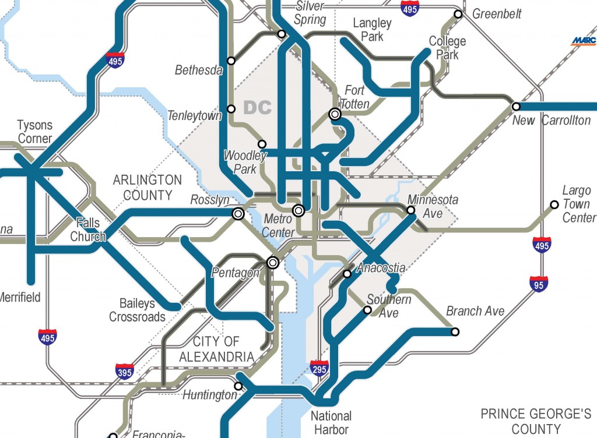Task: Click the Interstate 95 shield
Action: [x=539, y=284]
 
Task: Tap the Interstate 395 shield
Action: [x=125, y=372]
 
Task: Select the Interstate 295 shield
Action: [x=319, y=368]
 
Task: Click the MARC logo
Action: [x=584, y=41]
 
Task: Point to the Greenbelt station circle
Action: [x=458, y=14]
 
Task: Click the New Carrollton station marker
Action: [x=516, y=107]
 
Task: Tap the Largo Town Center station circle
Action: [x=554, y=204]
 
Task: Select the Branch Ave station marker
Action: [x=455, y=332]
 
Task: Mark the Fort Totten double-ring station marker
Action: [x=335, y=115]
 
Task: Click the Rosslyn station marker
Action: [x=238, y=214]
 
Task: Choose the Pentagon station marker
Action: [x=272, y=263]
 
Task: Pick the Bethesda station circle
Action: [x=231, y=61]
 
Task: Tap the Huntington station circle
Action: [x=238, y=386]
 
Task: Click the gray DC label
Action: [x=258, y=108]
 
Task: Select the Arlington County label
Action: [x=147, y=188]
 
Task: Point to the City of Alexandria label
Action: [x=216, y=349]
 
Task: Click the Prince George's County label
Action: [x=536, y=422]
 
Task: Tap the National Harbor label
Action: [x=331, y=423]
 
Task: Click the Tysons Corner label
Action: [x=34, y=132]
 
